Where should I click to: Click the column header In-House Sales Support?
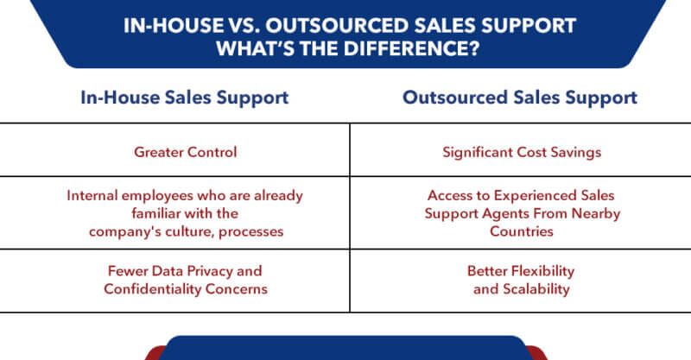coord(185,97)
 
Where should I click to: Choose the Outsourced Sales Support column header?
coord(520,97)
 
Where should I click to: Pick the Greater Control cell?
coord(185,152)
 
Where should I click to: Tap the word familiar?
coord(157,212)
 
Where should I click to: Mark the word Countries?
coord(523,231)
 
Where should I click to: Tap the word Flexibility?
coord(540,272)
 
